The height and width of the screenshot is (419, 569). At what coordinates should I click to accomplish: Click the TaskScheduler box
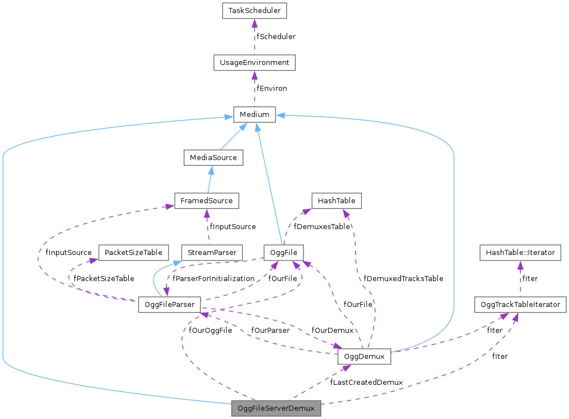point(254,11)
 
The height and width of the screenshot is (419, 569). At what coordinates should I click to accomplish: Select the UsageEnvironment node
point(254,63)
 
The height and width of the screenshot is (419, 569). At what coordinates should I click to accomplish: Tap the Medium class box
point(254,115)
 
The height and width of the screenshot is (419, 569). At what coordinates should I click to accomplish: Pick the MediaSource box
point(213,157)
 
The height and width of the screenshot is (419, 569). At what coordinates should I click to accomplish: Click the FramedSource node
point(207,200)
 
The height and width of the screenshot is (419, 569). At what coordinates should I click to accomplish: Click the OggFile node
point(283,253)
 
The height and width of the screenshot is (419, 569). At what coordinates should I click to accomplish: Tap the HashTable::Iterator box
point(520,253)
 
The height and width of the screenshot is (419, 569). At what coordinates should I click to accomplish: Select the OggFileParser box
point(170,305)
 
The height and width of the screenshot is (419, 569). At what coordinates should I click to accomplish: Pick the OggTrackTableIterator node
point(520,305)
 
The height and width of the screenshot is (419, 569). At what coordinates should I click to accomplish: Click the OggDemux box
point(364,356)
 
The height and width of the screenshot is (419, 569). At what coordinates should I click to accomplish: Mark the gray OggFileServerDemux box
point(276,408)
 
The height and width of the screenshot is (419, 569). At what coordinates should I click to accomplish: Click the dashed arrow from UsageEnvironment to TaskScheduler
point(254,37)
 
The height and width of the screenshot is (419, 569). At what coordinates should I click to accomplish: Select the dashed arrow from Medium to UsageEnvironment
point(254,89)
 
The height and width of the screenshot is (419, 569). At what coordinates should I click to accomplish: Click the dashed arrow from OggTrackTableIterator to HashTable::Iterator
point(520,279)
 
